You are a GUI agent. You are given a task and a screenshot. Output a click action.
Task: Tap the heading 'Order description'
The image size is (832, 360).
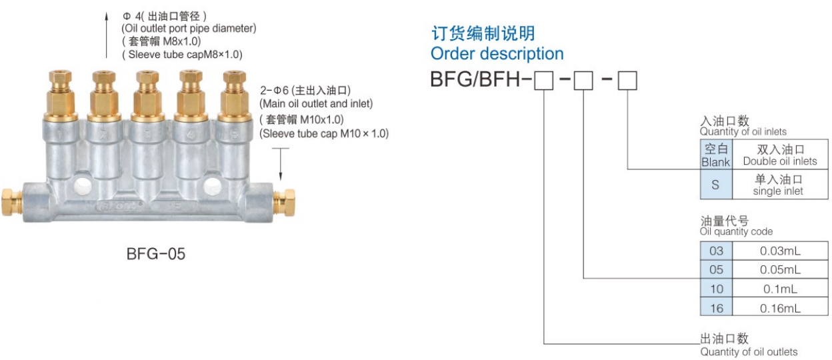coord(497,53)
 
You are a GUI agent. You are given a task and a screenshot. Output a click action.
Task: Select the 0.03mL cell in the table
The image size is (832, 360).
coord(781,251)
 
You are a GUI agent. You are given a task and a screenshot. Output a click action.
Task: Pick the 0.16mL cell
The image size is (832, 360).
coord(781,308)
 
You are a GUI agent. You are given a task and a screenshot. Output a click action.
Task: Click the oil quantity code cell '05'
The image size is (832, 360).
coord(716,270)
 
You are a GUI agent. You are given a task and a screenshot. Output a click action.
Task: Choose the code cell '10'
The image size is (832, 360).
coord(716,289)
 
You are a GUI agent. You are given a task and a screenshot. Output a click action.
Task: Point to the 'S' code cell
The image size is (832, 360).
coord(716,185)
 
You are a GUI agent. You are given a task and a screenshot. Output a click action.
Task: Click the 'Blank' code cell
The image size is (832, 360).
coord(716,155)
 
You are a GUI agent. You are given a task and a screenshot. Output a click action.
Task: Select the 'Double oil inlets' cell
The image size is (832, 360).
coord(779,155)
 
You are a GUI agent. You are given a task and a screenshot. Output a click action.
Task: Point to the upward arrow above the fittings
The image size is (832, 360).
coord(107,33)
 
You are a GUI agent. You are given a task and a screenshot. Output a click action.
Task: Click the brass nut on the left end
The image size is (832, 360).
coord(10,197)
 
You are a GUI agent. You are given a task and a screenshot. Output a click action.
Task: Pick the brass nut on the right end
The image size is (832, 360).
coord(288,198)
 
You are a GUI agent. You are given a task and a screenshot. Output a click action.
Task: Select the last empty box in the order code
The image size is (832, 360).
coord(628,81)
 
